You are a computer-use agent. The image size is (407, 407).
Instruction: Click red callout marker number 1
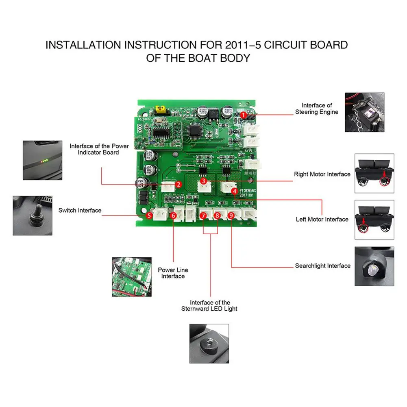(x=243, y=115)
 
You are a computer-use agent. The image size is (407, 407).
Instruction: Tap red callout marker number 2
(x=178, y=184)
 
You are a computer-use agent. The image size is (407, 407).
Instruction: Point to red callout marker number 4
(x=234, y=190)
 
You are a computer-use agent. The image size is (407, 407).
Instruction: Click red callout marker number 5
(x=149, y=215)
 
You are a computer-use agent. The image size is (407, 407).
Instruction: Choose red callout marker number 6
(x=174, y=215)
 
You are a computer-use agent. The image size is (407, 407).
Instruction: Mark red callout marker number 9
(x=231, y=215)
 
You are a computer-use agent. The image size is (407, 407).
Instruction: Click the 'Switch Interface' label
(x=80, y=210)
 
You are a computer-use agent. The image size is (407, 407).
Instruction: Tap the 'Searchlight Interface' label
(x=322, y=266)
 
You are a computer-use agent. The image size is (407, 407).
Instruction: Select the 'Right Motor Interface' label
(x=322, y=174)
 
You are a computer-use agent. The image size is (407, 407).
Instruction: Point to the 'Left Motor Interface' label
(x=322, y=219)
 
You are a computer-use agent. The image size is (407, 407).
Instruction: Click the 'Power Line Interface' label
(x=173, y=273)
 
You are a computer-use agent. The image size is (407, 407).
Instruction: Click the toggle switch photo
(x=33, y=215)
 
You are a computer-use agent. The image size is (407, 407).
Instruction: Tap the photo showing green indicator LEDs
(x=42, y=160)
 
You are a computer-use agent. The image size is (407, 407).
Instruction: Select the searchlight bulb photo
(x=374, y=266)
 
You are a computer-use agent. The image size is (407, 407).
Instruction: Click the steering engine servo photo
(x=364, y=112)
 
